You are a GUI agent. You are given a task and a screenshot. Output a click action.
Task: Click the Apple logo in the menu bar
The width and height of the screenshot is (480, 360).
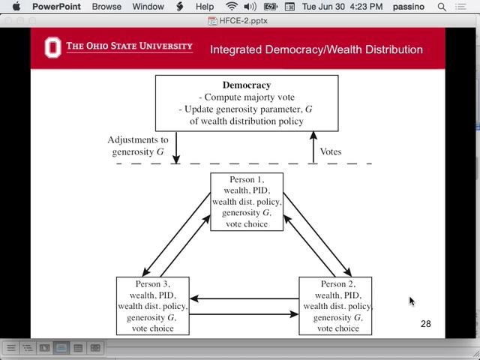(16, 7)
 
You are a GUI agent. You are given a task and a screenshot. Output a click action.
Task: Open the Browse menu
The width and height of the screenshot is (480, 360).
(106, 7)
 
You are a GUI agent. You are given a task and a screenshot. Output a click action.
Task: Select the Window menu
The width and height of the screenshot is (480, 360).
(148, 7)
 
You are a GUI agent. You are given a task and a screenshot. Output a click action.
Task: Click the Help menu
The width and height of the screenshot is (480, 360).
(204, 7)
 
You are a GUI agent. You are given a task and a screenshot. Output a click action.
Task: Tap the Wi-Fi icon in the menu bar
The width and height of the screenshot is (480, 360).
(231, 7)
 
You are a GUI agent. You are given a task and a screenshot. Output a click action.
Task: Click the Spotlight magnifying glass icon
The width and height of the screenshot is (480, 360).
(441, 7)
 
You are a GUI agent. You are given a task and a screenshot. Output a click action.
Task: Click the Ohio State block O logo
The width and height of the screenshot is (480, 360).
(52, 48)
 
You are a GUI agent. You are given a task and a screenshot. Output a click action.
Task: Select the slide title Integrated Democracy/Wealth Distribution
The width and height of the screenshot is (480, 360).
(316, 50)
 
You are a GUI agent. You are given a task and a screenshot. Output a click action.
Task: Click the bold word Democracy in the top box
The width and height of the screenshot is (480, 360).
(247, 85)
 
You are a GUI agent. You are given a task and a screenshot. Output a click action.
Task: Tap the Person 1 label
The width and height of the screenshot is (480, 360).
(247, 181)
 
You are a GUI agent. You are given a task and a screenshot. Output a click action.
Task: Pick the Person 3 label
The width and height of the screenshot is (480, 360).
(153, 284)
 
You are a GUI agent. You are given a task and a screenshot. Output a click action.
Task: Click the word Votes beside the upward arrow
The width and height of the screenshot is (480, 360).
(331, 151)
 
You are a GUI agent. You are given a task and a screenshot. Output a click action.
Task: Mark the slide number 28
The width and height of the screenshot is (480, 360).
(426, 324)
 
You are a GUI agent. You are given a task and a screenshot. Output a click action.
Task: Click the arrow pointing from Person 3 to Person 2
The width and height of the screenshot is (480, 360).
(244, 313)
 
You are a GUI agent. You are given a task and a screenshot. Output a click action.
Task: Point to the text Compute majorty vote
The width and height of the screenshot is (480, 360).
(247, 97)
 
